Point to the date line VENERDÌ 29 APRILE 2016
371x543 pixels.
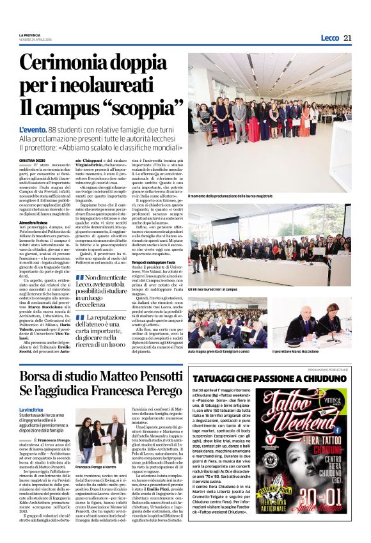34,40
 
